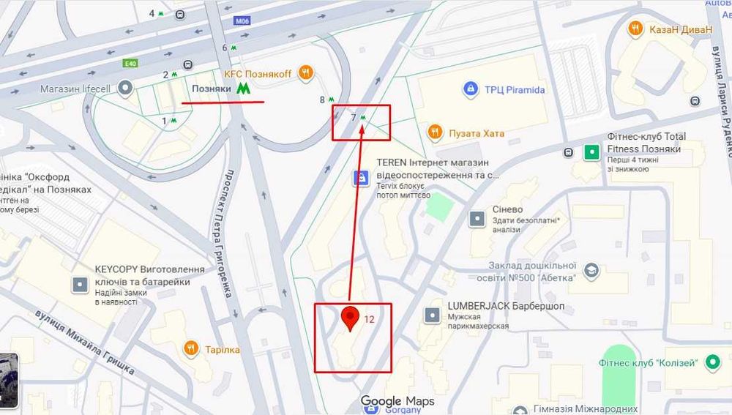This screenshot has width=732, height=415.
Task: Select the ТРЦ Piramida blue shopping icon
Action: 471,90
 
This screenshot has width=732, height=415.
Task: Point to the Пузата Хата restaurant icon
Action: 435,132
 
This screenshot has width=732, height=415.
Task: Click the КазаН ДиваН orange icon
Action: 635,29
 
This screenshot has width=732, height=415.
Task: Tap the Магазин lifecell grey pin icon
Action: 126,89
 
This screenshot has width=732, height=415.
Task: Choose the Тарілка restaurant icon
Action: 191,349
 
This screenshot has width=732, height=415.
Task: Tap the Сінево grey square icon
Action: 477,218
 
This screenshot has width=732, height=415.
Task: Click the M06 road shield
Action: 242,22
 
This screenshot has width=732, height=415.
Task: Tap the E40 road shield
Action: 130,63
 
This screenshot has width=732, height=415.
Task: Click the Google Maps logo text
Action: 397,401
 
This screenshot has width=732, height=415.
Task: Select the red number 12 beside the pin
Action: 370,319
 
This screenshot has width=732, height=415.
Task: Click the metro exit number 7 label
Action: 354,117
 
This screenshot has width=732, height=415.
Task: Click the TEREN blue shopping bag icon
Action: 359,177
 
